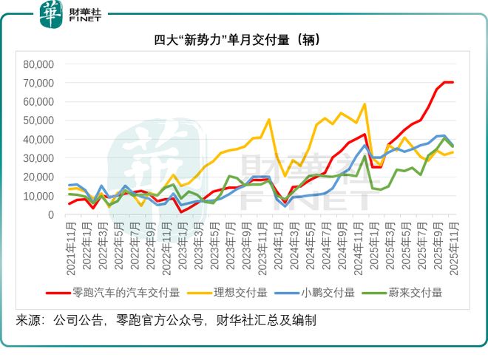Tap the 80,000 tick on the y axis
pos(39,64)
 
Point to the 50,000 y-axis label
pos(39,120)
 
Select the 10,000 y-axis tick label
pos(39,196)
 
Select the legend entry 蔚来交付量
pos(411,292)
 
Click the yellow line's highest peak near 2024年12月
pos(365,104)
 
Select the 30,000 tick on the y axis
pos(39,158)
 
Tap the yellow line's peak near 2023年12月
pos(268,120)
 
